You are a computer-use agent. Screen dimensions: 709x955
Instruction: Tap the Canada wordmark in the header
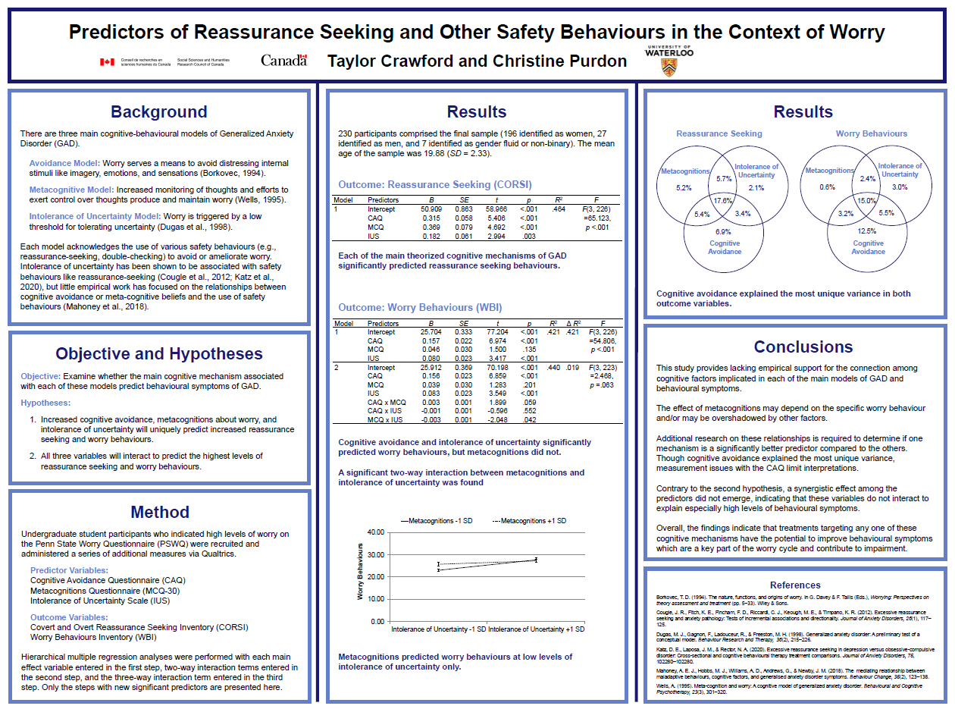pyautogui.click(x=283, y=60)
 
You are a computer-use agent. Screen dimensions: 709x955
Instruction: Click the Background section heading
pyautogui.click(x=158, y=112)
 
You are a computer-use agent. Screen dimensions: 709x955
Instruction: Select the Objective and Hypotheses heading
pyautogui.click(x=159, y=354)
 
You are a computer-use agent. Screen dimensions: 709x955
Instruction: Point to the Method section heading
pyautogui.click(x=159, y=512)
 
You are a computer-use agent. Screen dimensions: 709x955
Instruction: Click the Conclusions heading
pyautogui.click(x=803, y=347)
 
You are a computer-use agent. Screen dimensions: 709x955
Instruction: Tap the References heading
pyautogui.click(x=795, y=585)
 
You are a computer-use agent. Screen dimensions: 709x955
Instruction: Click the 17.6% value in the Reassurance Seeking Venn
pyautogui.click(x=723, y=201)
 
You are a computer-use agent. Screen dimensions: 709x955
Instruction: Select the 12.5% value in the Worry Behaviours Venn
pyautogui.click(x=867, y=231)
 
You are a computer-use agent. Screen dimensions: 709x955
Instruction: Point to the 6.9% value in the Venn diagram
pyautogui.click(x=723, y=231)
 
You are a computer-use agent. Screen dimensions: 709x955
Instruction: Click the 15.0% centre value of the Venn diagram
pyautogui.click(x=866, y=201)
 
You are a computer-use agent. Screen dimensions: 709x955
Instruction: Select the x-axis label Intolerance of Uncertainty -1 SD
pyautogui.click(x=438, y=629)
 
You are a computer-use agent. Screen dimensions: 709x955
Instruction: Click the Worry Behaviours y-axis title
pyautogui.click(x=360, y=576)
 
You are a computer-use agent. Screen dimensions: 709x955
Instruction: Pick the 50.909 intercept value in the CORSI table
pyautogui.click(x=431, y=209)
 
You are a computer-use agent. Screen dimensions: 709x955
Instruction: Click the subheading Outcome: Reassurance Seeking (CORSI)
pyautogui.click(x=434, y=185)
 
